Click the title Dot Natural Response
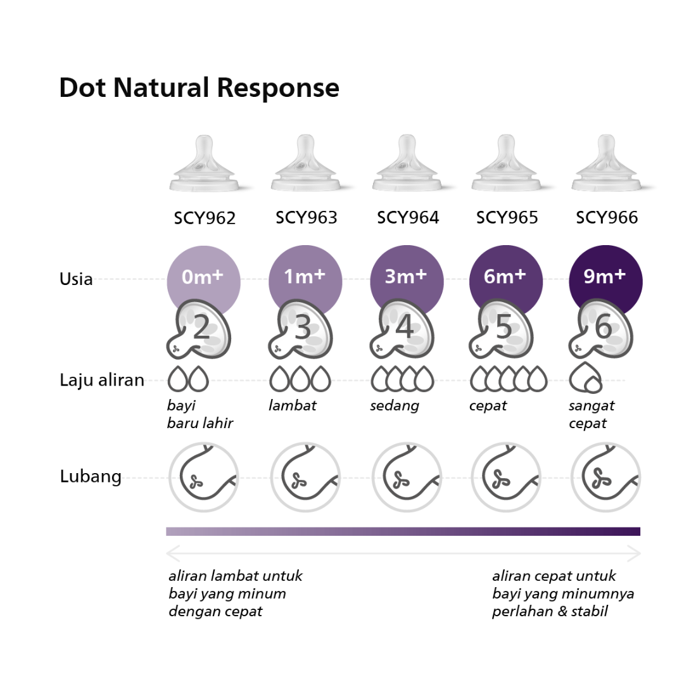(199, 88)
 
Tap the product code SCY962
(205, 218)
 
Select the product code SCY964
(408, 218)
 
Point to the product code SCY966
(607, 218)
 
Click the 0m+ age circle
(203, 277)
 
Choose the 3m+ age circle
(406, 277)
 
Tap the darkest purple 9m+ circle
(605, 276)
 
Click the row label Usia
(76, 279)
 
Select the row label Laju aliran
(102, 380)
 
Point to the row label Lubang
(91, 476)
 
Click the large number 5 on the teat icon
(504, 328)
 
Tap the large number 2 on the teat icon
(201, 328)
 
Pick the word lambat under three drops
(292, 405)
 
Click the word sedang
(394, 405)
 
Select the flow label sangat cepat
(592, 414)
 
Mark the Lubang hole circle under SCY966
(605, 476)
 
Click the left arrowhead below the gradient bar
(170, 554)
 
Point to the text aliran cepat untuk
(554, 576)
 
